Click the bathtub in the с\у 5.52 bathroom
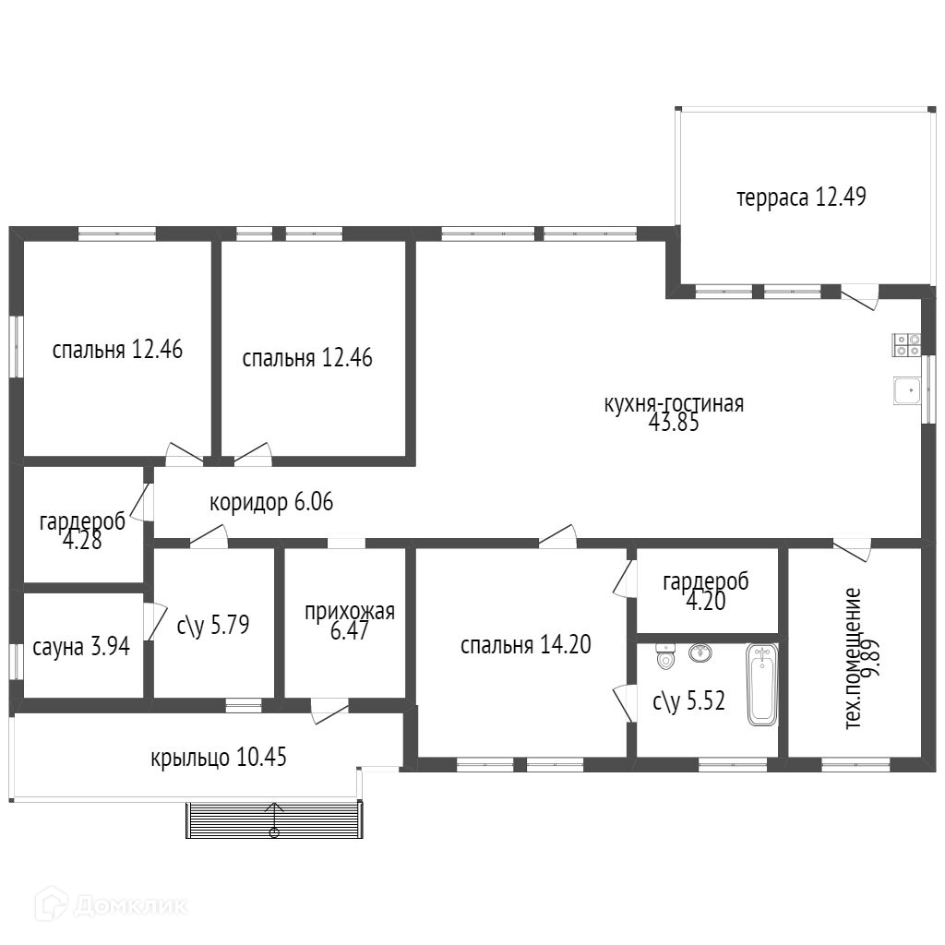pyautogui.click(x=762, y=685)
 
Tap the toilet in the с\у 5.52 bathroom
pyautogui.click(x=664, y=656)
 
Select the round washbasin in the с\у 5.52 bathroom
pyautogui.click(x=700, y=652)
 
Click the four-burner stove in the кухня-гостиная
pyautogui.click(x=906, y=345)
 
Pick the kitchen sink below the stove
pyautogui.click(x=907, y=390)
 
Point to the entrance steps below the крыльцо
pyautogui.click(x=274, y=819)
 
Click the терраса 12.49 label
pyautogui.click(x=801, y=197)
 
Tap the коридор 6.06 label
pyautogui.click(x=271, y=502)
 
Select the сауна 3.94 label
pyautogui.click(x=81, y=647)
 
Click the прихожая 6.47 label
pyautogui.click(x=350, y=621)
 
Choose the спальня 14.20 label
pyautogui.click(x=525, y=645)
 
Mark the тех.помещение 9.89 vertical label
pyautogui.click(x=863, y=658)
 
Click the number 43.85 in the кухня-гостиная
pyautogui.click(x=674, y=423)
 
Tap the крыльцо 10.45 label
pyautogui.click(x=218, y=757)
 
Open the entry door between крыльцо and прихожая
pyautogui.click(x=329, y=711)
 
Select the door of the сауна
pyautogui.click(x=154, y=621)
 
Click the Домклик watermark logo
pyautogui.click(x=112, y=904)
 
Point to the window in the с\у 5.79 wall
pyautogui.click(x=244, y=704)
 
